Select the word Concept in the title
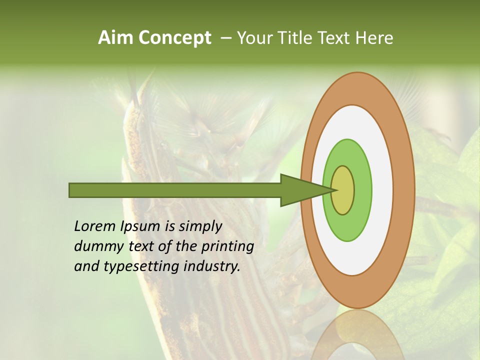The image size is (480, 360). [175, 38]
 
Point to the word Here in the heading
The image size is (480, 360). [374, 38]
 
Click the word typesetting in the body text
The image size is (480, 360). [139, 267]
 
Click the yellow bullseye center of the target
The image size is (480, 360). [343, 190]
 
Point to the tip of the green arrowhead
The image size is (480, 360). [334, 190]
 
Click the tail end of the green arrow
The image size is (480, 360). [70, 190]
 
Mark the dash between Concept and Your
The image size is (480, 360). [225, 38]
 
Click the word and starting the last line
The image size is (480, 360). [85, 266]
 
